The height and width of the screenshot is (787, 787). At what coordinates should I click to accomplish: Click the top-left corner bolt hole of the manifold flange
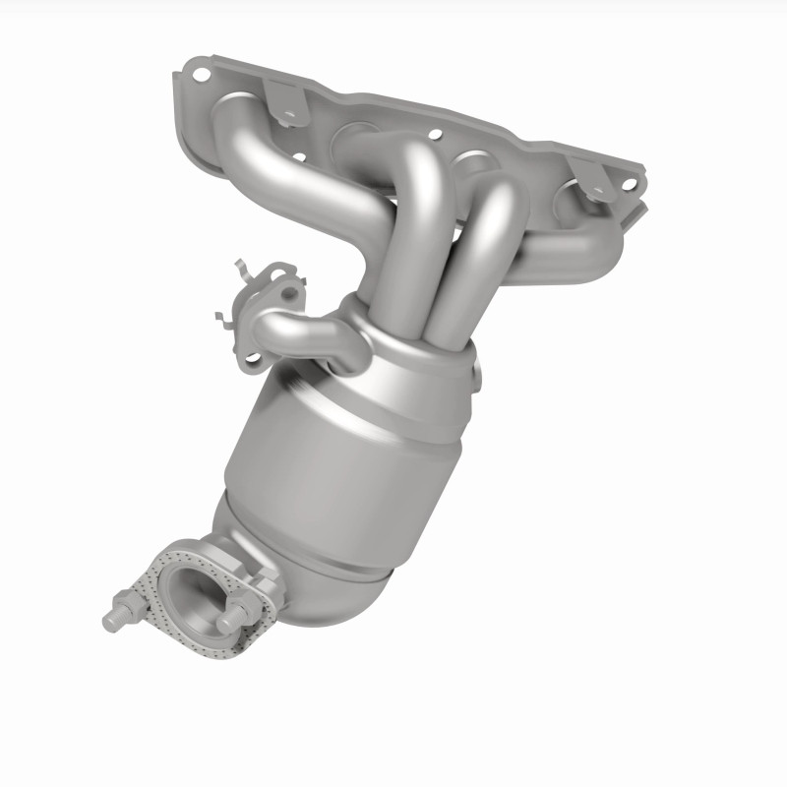(202, 73)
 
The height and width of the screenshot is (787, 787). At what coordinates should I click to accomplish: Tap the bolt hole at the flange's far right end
(627, 182)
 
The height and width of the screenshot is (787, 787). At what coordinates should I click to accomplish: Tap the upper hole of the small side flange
(287, 291)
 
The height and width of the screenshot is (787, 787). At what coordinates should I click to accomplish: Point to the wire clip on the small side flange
(236, 295)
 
